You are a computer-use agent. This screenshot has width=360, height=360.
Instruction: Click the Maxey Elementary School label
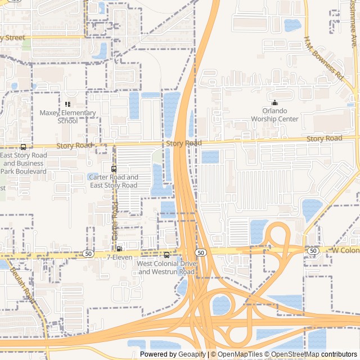(67, 116)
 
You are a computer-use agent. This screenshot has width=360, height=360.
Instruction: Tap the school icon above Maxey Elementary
(67, 104)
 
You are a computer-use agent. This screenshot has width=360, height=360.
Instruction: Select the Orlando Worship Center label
(274, 115)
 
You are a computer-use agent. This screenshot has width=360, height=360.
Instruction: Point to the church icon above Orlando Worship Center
(274, 102)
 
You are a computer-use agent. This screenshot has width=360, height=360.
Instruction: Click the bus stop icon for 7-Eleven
(119, 248)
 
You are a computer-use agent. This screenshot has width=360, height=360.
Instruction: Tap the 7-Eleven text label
(119, 257)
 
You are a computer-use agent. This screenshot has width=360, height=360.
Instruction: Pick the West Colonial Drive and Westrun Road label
(166, 268)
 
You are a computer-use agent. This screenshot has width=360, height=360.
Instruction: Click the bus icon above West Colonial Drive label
(166, 255)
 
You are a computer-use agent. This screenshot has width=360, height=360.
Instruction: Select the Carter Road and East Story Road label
(114, 181)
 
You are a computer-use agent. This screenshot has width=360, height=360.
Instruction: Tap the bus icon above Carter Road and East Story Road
(114, 169)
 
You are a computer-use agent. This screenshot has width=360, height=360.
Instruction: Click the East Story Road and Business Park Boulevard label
(24, 163)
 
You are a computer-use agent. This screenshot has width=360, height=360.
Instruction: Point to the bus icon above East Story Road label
(23, 147)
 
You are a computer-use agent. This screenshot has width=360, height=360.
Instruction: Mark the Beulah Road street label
(23, 285)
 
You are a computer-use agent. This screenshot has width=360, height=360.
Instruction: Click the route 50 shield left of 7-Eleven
(88, 254)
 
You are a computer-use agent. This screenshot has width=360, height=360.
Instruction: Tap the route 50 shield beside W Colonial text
(313, 250)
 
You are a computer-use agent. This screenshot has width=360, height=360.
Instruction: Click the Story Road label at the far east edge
(324, 138)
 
